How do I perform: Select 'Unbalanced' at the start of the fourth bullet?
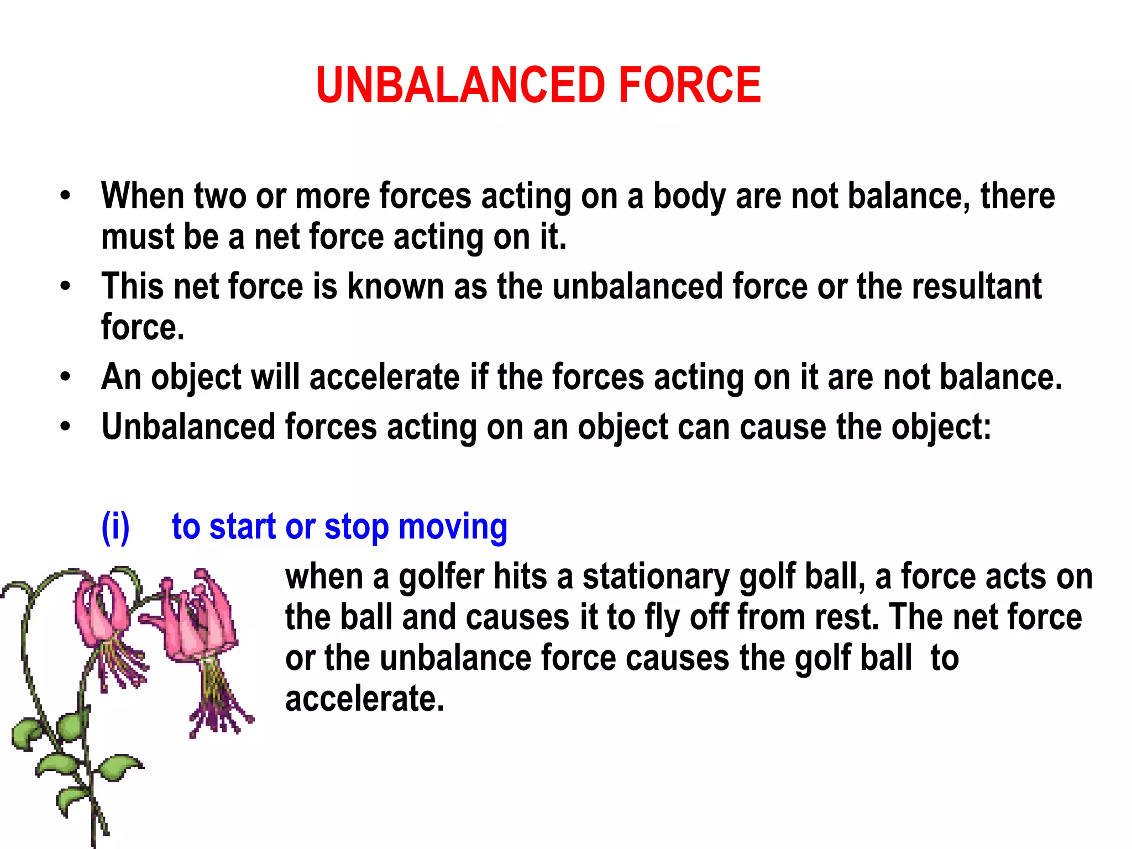[x=188, y=427]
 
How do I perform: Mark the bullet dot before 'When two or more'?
[x=66, y=196]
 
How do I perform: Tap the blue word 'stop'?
[x=357, y=528]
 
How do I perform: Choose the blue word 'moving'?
[x=453, y=528]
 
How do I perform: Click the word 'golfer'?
[x=441, y=578]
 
